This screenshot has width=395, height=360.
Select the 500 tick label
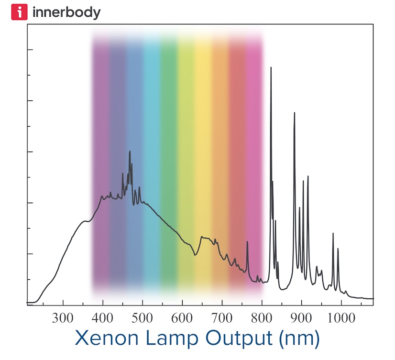[142, 317]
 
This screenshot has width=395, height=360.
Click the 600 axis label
[182, 317]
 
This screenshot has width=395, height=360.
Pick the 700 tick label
[221, 317]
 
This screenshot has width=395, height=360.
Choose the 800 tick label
[261, 317]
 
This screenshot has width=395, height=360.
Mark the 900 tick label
[301, 317]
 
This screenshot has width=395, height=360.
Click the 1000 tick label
[341, 317]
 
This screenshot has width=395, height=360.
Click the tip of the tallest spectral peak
[271, 67]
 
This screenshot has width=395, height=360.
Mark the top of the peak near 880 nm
[294, 113]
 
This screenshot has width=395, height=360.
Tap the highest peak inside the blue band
[130, 152]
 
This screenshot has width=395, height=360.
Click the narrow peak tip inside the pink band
[247, 242]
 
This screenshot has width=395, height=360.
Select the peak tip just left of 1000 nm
[333, 233]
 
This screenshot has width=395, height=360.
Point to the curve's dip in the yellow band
[195, 255]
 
